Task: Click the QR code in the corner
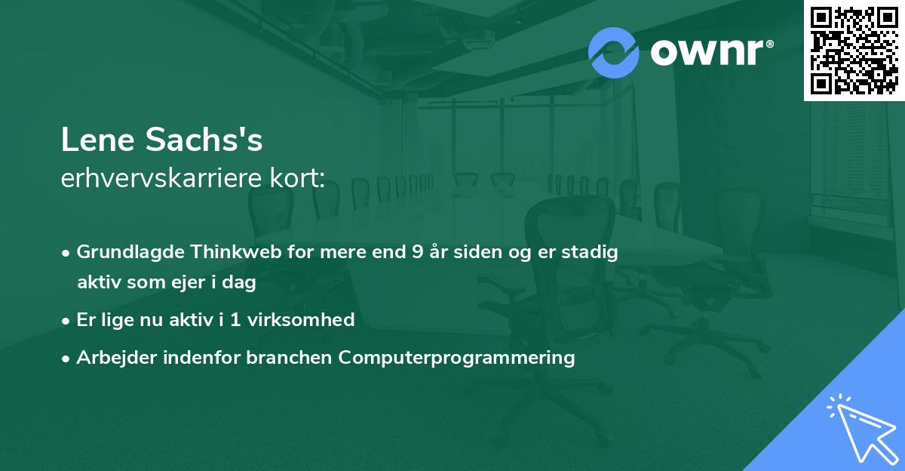854,50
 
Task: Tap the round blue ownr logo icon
613,53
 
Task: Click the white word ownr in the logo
707,53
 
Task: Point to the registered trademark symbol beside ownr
769,44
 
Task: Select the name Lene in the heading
98,140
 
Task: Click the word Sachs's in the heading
204,140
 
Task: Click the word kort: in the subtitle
297,178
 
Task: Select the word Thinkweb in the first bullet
236,252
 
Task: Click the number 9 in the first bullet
418,252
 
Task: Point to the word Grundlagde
130,253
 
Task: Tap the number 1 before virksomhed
235,320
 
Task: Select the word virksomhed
301,320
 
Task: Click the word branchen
289,357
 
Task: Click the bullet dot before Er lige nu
66,322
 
